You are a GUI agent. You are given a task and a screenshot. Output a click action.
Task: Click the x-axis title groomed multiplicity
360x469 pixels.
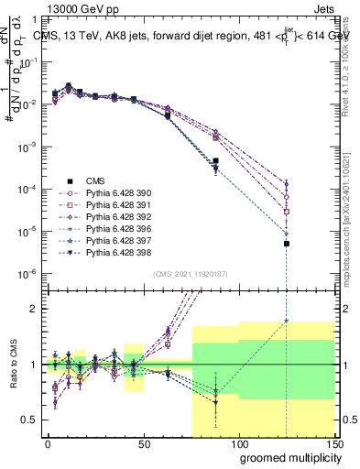[x=286, y=457]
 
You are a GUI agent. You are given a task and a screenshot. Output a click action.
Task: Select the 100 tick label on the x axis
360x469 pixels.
[x=239, y=443]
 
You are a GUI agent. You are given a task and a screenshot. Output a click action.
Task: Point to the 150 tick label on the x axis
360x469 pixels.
[x=334, y=443]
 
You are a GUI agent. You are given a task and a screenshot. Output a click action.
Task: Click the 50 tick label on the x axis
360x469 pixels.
[x=143, y=443]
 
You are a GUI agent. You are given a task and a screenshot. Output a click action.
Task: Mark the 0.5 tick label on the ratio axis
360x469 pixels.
[x=30, y=420]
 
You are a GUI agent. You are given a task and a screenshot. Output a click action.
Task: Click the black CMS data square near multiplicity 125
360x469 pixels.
[x=287, y=244]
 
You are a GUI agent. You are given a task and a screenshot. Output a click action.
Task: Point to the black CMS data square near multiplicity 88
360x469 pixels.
[x=215, y=161]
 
